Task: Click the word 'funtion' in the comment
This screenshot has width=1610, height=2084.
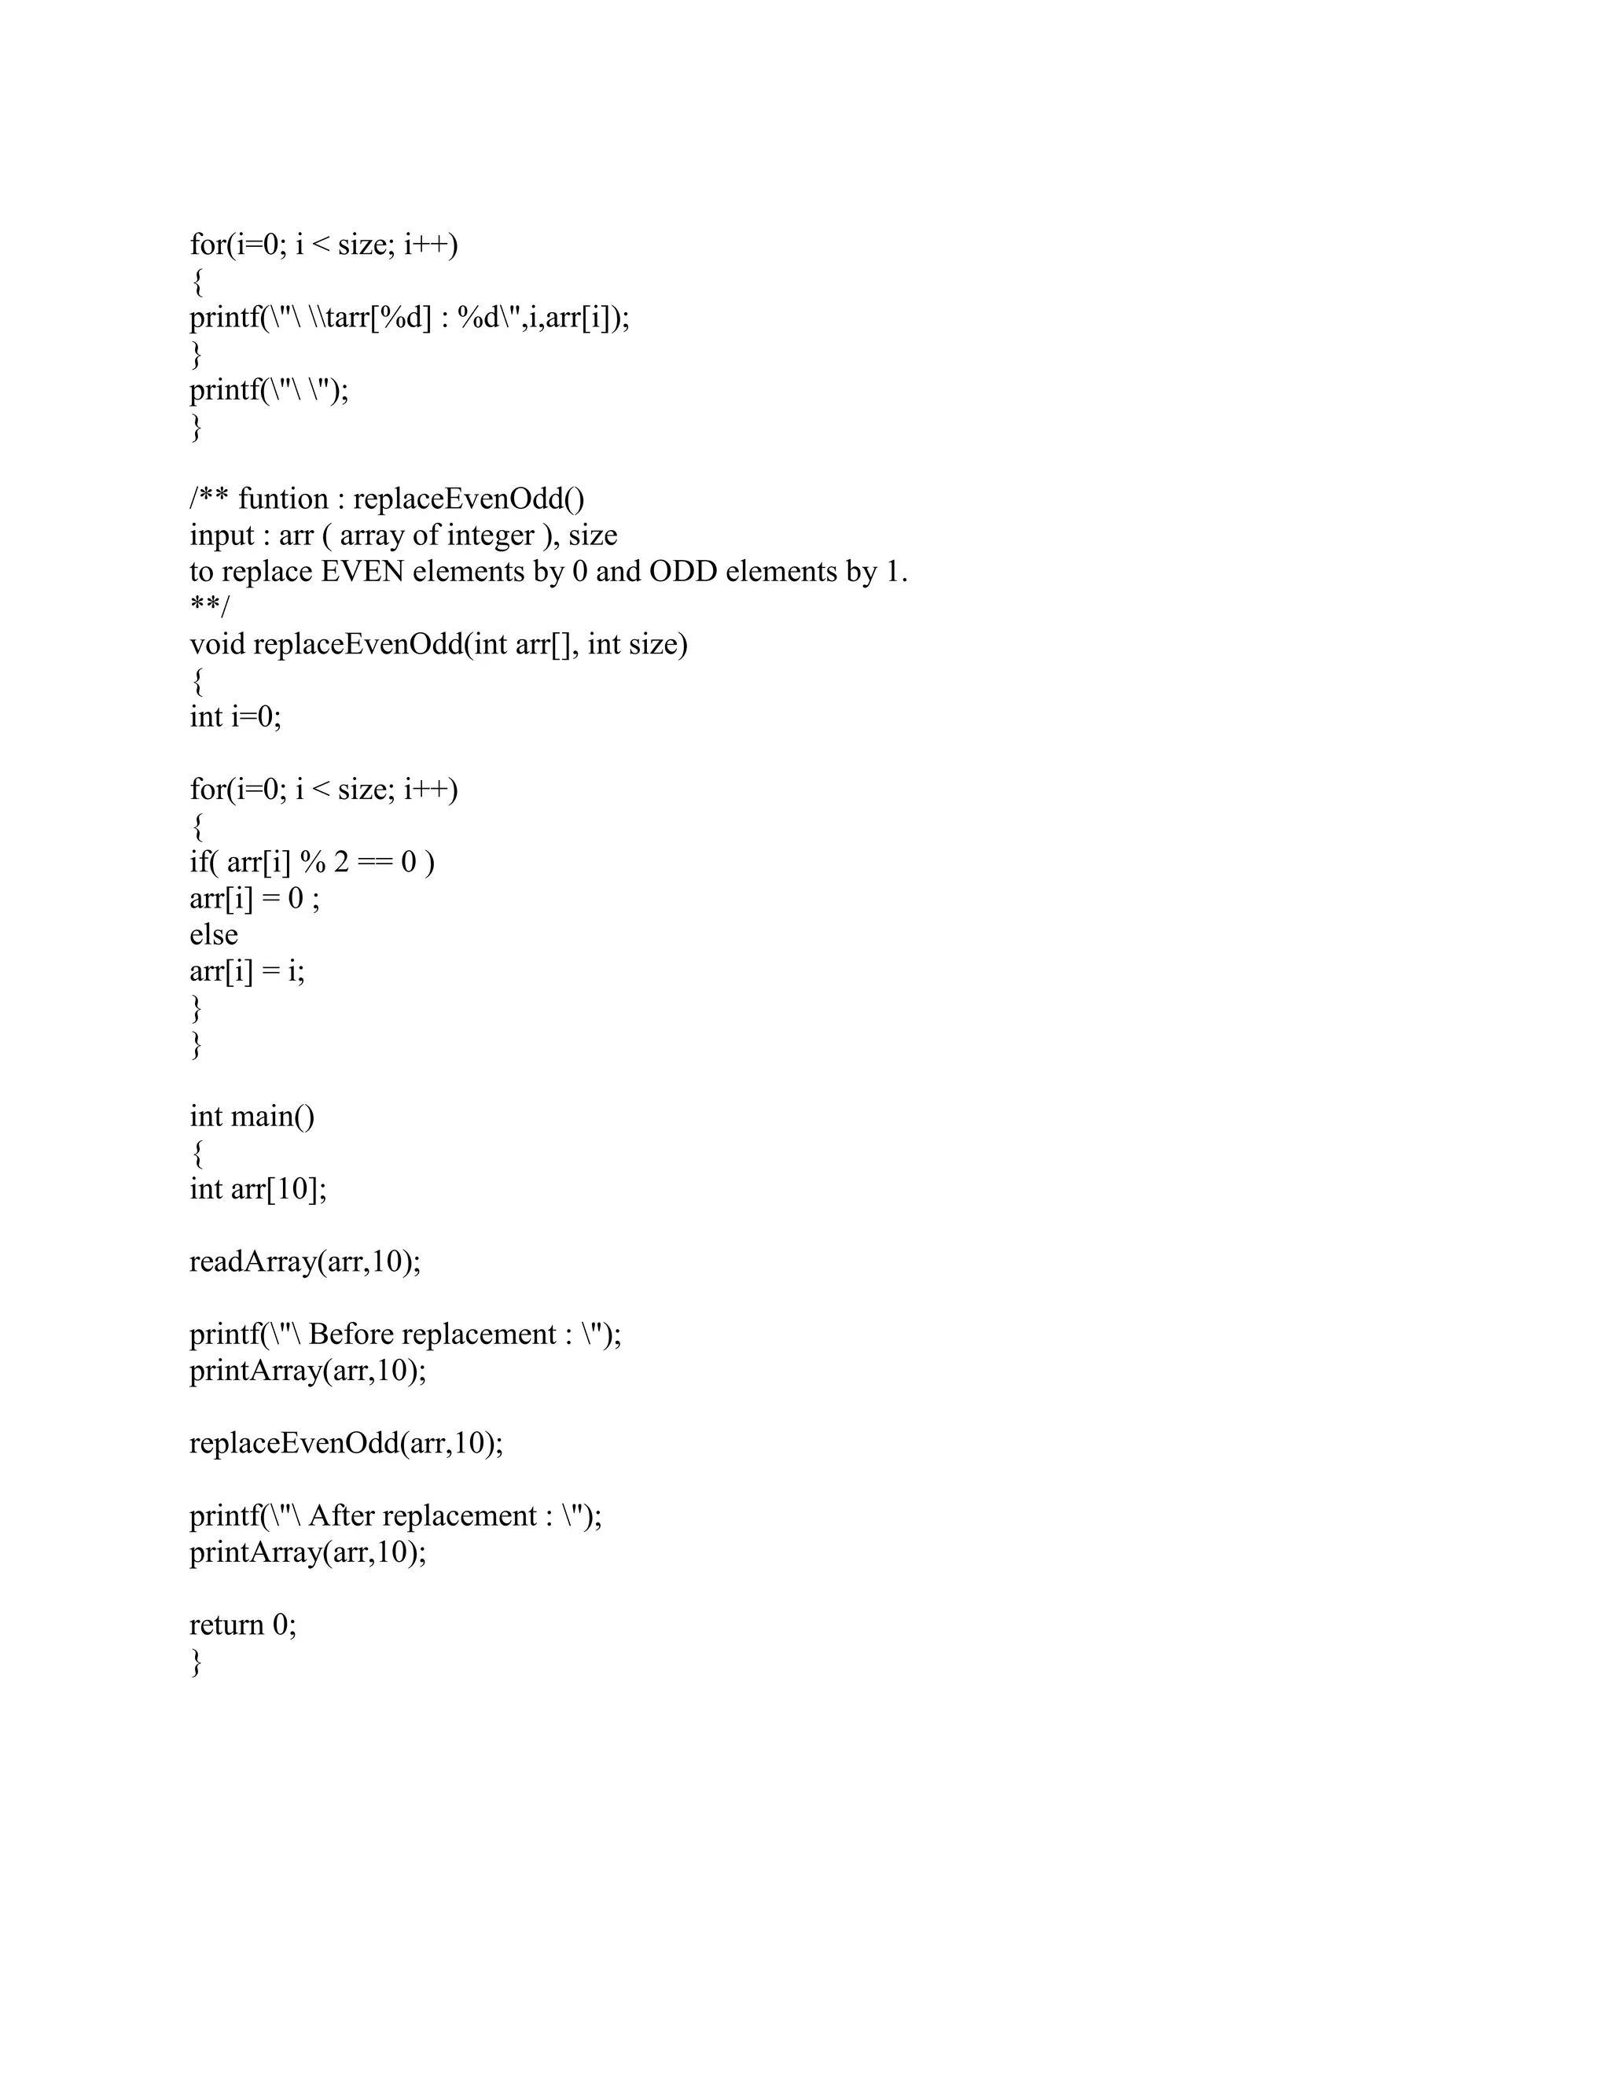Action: tap(283, 499)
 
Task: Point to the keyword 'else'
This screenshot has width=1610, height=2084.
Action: tap(214, 934)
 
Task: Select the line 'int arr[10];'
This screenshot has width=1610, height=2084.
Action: tap(258, 1189)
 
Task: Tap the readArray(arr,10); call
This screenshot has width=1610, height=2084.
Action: tap(305, 1261)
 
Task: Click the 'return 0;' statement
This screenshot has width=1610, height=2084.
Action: tap(243, 1624)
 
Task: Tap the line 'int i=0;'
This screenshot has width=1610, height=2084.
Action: tap(236, 716)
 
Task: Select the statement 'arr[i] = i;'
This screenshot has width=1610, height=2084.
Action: tap(247, 970)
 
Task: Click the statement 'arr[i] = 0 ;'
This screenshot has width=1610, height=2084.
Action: tap(255, 898)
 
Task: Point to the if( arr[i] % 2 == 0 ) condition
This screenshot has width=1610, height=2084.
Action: tap(312, 862)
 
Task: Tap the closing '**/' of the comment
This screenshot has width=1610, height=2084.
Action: tap(210, 608)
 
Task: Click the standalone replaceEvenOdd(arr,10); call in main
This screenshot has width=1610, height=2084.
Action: tap(346, 1443)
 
